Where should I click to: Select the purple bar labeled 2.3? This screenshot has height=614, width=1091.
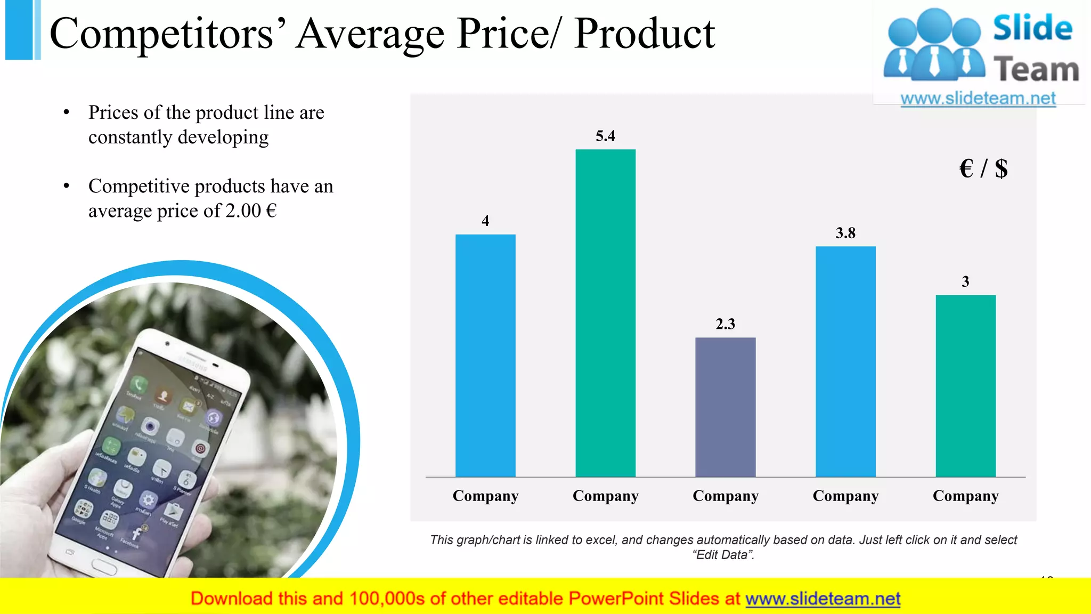[725, 407]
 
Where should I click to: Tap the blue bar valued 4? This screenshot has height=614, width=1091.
[485, 356]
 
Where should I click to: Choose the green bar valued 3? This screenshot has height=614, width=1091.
[965, 386]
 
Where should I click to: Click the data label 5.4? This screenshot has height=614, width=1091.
[605, 136]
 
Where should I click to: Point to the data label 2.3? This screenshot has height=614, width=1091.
[725, 324]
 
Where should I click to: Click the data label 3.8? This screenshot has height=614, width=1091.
[845, 233]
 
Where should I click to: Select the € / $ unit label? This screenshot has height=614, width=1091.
[983, 169]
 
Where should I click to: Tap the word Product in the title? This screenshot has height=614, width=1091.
[645, 34]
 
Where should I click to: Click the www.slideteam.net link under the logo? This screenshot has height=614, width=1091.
[978, 99]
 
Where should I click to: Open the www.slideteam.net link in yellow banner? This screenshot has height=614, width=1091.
[823, 599]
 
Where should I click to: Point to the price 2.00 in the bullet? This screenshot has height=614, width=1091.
[243, 211]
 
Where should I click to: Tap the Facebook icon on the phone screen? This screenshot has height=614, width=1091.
[136, 533]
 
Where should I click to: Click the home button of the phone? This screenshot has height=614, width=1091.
[104, 566]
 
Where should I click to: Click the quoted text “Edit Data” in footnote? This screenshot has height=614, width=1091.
[723, 555]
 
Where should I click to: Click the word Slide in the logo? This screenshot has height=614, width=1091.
[1032, 28]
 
